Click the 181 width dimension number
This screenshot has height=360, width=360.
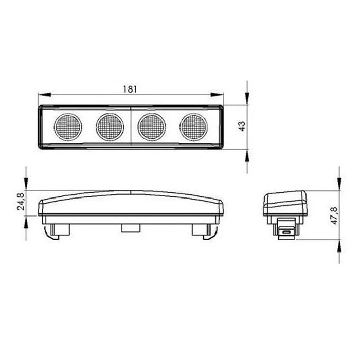click(x=130, y=89)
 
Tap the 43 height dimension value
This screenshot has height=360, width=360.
click(x=242, y=126)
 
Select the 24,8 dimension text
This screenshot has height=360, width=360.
click(x=21, y=202)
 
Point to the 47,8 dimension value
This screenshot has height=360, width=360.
click(x=334, y=215)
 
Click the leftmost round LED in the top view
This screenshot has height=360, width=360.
click(x=68, y=127)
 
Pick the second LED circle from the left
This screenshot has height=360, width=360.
click(x=110, y=127)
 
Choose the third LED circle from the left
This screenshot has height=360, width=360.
click(x=152, y=127)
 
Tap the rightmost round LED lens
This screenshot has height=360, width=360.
click(x=193, y=127)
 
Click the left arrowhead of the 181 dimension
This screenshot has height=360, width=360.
click(x=45, y=95)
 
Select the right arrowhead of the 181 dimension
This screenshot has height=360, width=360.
click(x=217, y=95)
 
